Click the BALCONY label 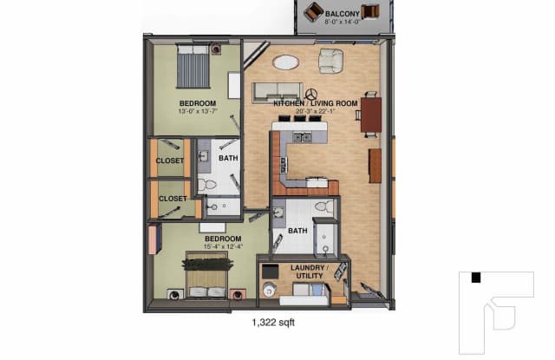(x=343, y=14)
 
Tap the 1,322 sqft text (x=273, y=323)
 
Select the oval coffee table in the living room (x=285, y=62)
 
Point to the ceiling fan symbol (x=311, y=95)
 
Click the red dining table (x=371, y=115)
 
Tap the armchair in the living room (x=331, y=61)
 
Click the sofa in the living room (x=277, y=93)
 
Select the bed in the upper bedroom (x=193, y=66)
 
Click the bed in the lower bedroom (x=206, y=275)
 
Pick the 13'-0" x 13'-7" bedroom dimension (x=198, y=111)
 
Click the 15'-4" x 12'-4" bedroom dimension (x=223, y=246)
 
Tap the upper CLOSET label (x=170, y=160)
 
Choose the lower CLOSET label (x=173, y=199)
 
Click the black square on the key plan (x=476, y=278)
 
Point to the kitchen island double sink (x=302, y=137)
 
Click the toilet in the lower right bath (x=323, y=206)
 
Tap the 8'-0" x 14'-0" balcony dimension (x=343, y=22)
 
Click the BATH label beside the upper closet (x=228, y=158)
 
